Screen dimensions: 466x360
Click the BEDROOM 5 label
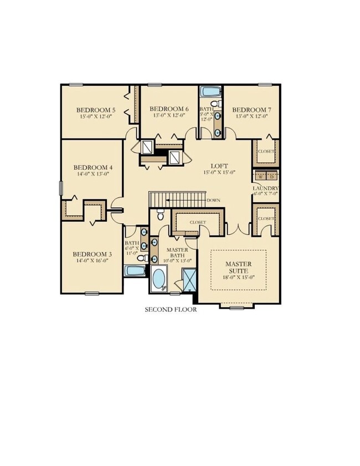pos(95,109)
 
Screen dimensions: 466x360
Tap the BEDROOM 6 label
pos(169,109)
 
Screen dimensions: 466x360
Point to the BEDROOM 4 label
pos(93,167)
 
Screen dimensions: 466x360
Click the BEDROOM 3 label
pos(92,254)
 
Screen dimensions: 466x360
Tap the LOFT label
pos(219,165)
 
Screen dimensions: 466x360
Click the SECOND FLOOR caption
pos(171,310)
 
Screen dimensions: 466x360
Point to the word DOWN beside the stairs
pos(213,200)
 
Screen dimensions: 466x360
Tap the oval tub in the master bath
pos(160,279)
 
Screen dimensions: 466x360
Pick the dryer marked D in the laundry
pos(271,176)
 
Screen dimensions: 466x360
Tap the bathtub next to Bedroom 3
pos(135,271)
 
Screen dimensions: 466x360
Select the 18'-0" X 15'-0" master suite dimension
pos(238,278)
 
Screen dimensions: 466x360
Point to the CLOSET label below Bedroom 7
pos(265,151)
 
